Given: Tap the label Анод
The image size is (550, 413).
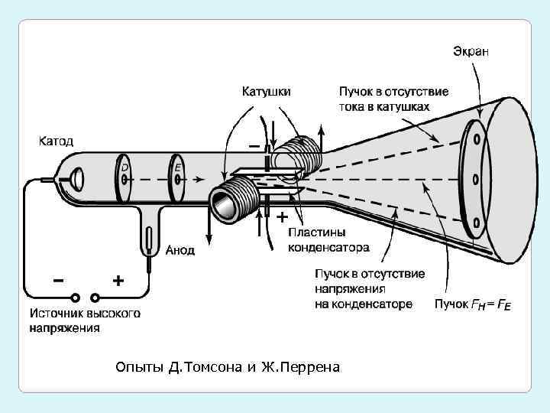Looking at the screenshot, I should [x=180, y=249].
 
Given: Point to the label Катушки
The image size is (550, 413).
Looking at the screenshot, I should [x=267, y=91].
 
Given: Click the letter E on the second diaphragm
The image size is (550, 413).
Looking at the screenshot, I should [x=177, y=167].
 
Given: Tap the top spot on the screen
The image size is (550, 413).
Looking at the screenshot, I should [x=477, y=139].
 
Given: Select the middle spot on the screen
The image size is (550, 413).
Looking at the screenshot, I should [x=476, y=181].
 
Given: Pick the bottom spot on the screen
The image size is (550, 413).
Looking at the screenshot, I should [x=477, y=223].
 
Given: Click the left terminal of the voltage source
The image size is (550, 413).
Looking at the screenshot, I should [x=75, y=298].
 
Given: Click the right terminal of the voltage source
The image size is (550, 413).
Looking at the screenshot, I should [x=95, y=298].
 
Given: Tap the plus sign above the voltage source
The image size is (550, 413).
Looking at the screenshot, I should [x=118, y=281].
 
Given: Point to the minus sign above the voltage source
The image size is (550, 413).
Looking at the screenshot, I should [x=58, y=280].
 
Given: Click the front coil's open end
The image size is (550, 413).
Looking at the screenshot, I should [x=225, y=205].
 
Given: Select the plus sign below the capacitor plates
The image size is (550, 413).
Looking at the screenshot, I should [x=282, y=216].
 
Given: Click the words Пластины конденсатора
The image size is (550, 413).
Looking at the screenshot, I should [x=328, y=239].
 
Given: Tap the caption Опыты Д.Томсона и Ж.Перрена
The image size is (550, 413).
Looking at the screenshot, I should [x=228, y=368].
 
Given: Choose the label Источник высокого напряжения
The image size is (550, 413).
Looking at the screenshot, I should [x=85, y=320].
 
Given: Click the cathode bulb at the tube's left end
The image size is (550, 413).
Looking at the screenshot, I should [x=74, y=180].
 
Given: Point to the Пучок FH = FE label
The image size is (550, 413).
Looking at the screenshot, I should [x=473, y=304].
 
